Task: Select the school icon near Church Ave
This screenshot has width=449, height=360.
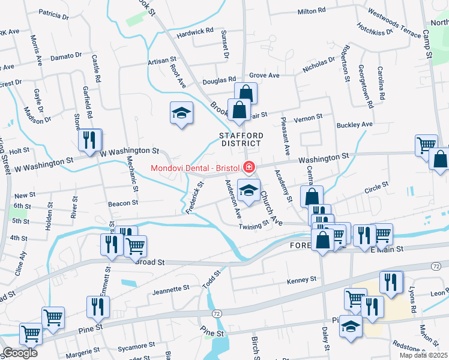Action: coord(249,191)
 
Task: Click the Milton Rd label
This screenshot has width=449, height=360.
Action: coord(311,11)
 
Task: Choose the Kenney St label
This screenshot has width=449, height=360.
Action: coord(301,280)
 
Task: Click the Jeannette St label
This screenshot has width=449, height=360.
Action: coord(171,289)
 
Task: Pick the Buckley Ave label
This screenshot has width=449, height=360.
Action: coord(355,125)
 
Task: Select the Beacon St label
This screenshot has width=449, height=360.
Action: coord(123,203)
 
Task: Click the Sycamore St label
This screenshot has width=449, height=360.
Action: coord(137,346)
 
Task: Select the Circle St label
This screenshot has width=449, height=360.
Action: coord(377,191)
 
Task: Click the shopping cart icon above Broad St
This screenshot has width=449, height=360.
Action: coord(135,245)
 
